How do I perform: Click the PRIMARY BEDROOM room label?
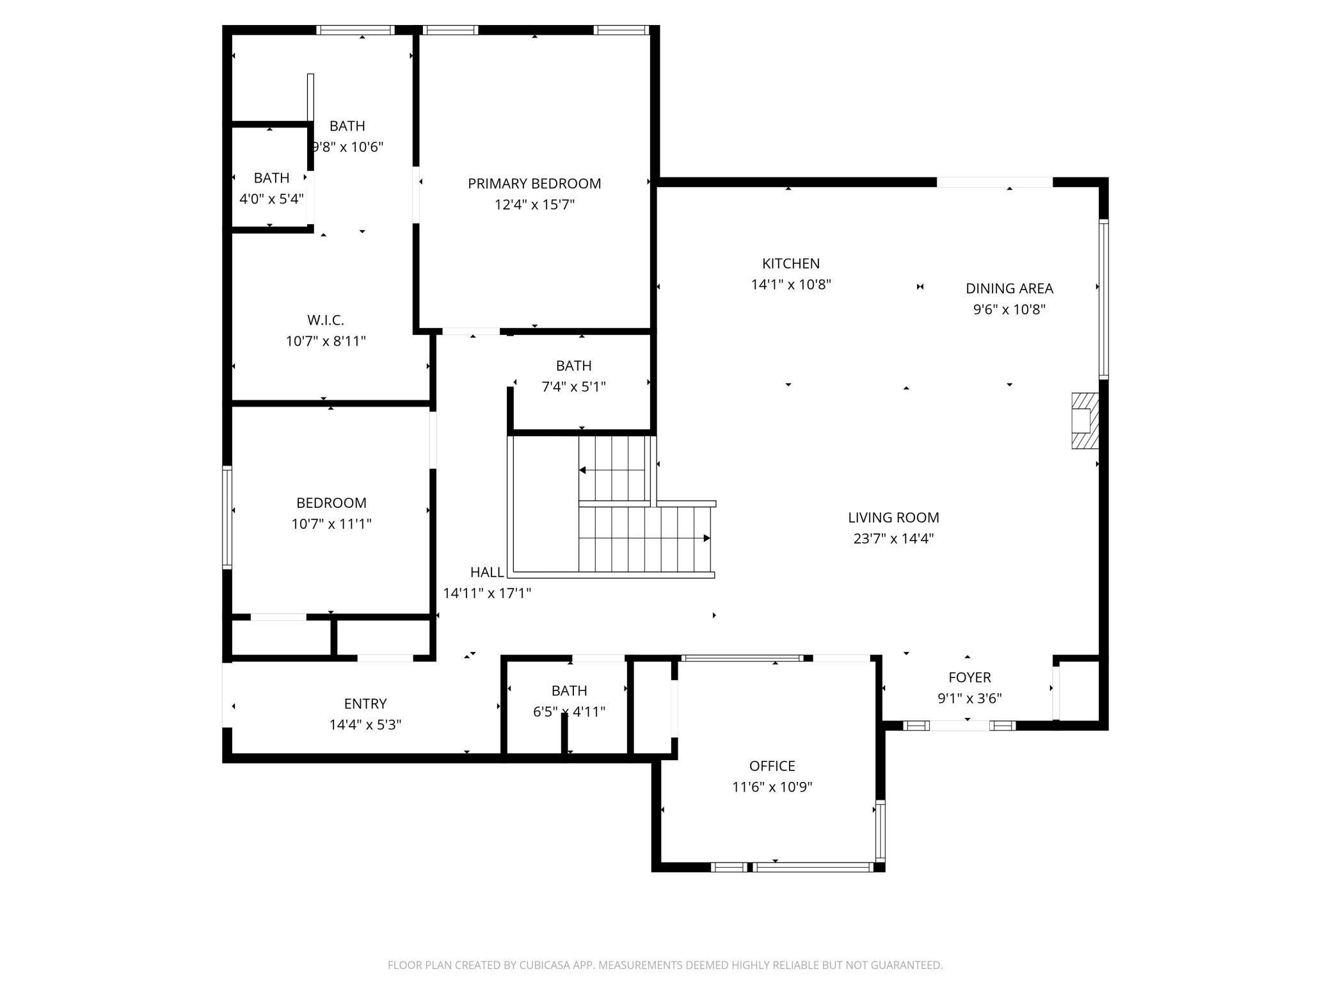click(534, 184)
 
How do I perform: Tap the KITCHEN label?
click(791, 263)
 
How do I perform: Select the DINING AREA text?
click(1009, 288)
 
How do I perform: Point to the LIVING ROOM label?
click(893, 517)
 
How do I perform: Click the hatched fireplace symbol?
click(1085, 420)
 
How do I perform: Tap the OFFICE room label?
click(772, 766)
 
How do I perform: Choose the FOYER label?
click(969, 678)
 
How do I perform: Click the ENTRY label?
click(365, 704)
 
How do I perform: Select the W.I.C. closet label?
click(326, 320)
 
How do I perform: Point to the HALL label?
click(487, 572)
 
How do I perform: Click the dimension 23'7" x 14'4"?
click(893, 539)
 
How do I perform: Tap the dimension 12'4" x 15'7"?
click(534, 205)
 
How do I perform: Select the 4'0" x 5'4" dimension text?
click(271, 199)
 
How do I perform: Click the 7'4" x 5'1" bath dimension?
click(573, 387)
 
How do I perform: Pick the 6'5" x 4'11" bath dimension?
click(569, 711)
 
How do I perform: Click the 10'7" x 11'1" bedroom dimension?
click(331, 524)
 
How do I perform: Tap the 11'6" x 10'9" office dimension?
click(772, 787)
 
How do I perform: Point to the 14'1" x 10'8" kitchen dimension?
click(791, 284)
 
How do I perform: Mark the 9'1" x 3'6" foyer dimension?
click(969, 699)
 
